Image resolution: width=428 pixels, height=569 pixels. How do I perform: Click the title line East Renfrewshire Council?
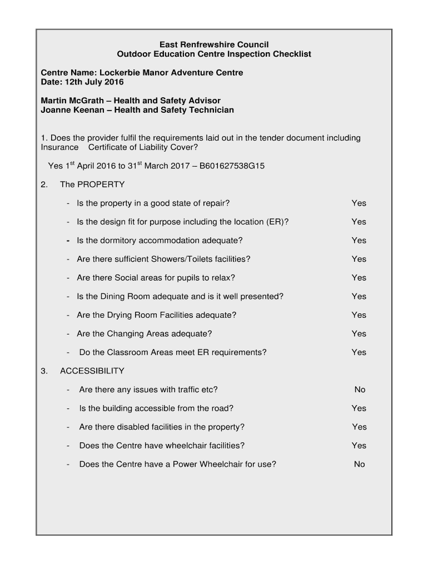[214, 44]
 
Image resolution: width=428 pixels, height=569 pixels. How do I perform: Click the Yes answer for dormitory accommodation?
[359, 241]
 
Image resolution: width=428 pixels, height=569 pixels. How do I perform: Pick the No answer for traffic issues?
[360, 390]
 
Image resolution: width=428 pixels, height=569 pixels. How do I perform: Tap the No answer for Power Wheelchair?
[359, 464]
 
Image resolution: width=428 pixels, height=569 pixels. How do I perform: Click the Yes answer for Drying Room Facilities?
[359, 315]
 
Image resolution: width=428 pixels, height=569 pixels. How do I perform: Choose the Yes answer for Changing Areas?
[359, 333]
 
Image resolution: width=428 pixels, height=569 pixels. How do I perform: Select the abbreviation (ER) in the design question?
[277, 222]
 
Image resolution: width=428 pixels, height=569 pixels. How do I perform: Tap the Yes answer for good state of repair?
[359, 203]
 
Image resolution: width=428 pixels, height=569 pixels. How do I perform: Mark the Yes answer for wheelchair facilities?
[359, 445]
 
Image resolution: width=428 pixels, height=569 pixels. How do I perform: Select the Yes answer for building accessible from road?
[359, 408]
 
